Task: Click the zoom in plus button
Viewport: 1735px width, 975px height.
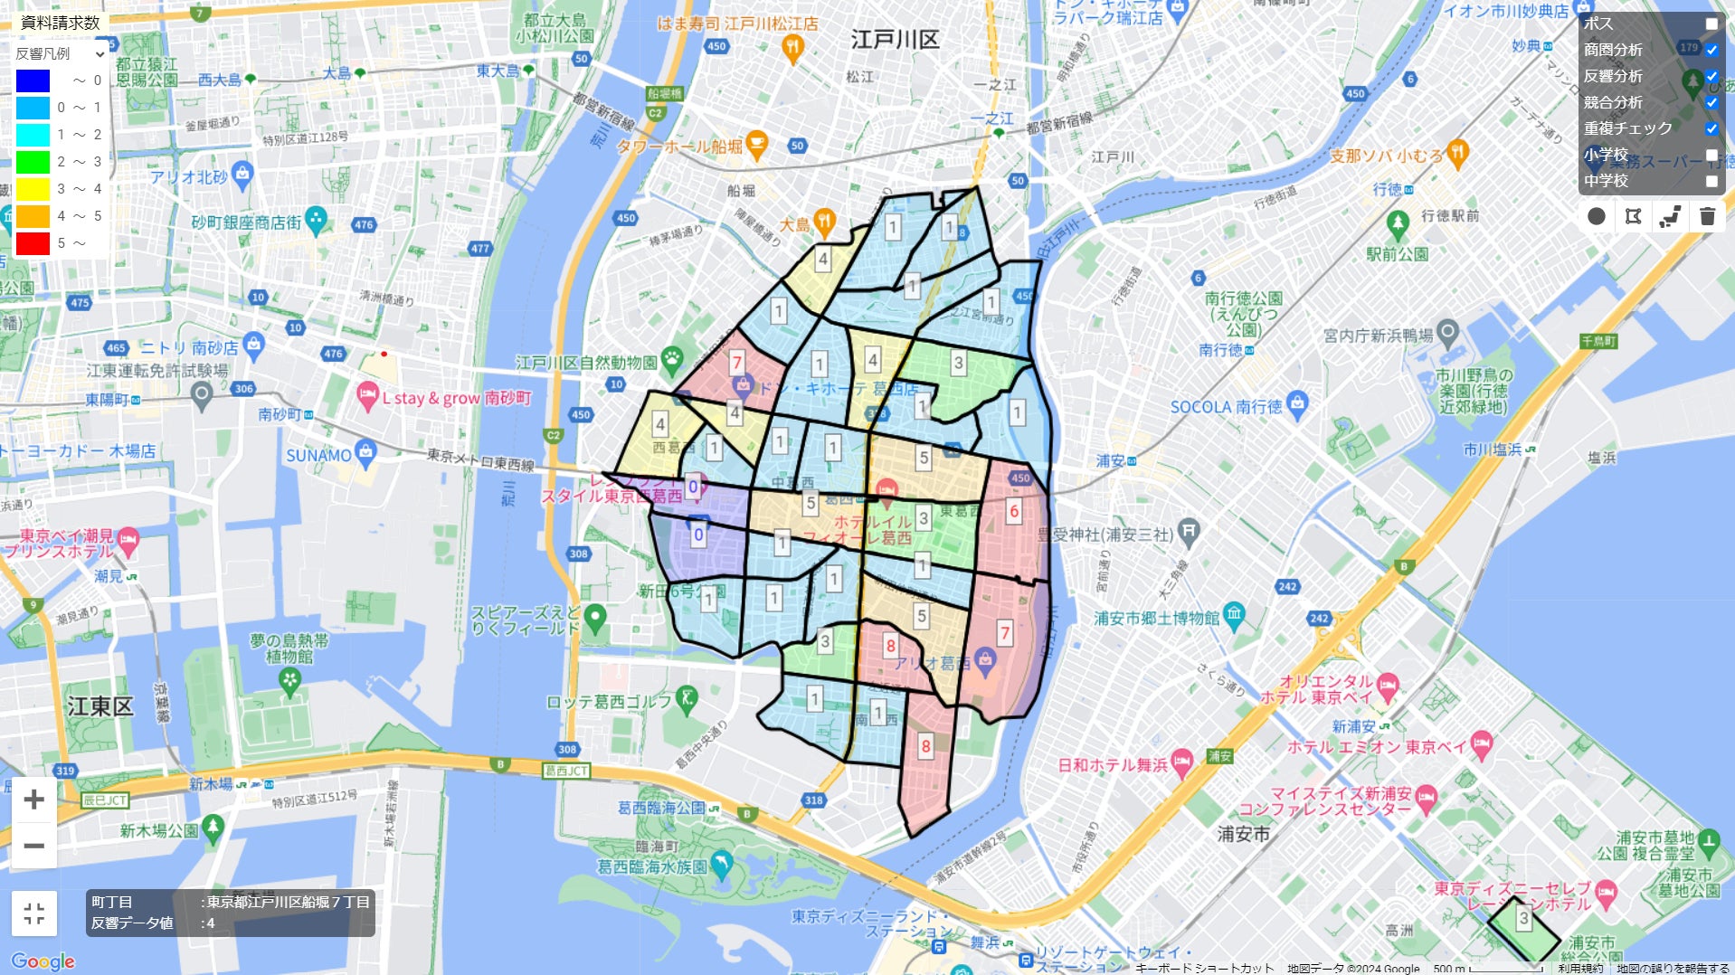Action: (x=34, y=800)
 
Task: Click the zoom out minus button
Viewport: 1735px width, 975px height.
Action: (x=34, y=846)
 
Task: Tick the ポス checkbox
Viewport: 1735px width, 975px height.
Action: (x=1711, y=24)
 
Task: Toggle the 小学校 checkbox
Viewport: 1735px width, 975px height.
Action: (x=1711, y=155)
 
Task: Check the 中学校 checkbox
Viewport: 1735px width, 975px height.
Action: (x=1711, y=181)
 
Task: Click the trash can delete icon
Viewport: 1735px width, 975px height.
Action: (x=1707, y=216)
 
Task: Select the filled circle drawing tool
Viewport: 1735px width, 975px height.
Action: (x=1597, y=216)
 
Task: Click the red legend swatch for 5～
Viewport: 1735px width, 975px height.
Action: (x=33, y=243)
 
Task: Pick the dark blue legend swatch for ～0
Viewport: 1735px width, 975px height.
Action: (x=33, y=80)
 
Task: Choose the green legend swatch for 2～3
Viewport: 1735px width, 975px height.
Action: (x=33, y=162)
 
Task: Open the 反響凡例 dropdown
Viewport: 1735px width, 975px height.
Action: (x=61, y=54)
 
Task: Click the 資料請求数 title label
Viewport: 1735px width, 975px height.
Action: (x=61, y=23)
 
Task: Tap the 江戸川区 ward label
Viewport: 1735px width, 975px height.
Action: (x=895, y=40)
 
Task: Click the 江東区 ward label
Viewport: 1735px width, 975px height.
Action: (x=100, y=706)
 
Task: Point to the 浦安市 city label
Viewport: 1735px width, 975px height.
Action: (x=1243, y=834)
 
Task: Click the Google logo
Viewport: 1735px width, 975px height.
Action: (x=43, y=961)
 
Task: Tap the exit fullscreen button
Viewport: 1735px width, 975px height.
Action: (x=34, y=913)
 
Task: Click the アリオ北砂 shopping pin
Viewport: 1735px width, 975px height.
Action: (x=242, y=175)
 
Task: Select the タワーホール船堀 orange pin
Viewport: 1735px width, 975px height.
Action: (x=756, y=143)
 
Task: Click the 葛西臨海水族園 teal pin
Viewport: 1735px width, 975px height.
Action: (x=721, y=864)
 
